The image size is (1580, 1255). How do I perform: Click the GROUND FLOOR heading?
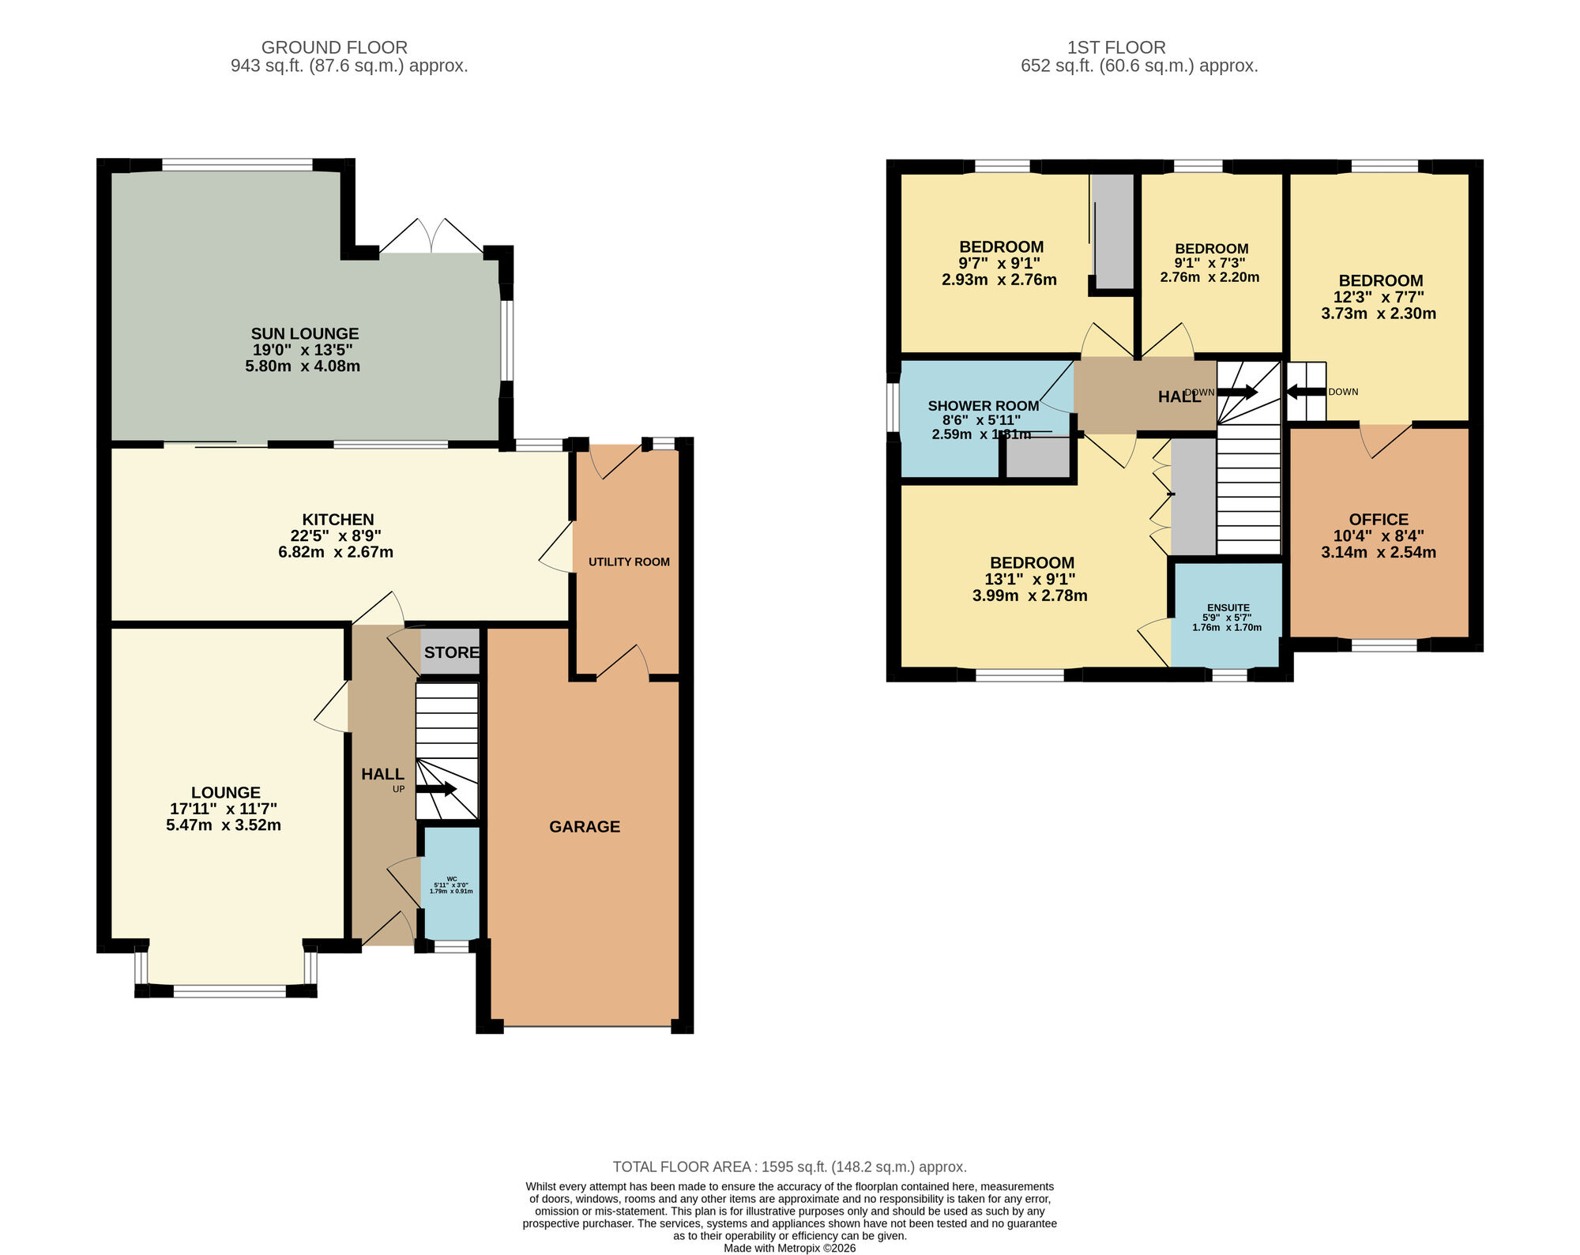click(334, 47)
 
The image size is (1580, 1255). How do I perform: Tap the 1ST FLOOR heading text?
click(1115, 47)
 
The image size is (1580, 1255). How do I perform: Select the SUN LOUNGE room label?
click(305, 334)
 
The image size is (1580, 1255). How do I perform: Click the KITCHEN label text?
click(337, 519)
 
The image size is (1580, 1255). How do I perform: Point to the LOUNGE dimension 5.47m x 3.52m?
click(224, 825)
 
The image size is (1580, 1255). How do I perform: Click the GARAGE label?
click(585, 826)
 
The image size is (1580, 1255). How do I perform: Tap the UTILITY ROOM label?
click(629, 562)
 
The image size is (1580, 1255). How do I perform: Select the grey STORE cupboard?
click(451, 652)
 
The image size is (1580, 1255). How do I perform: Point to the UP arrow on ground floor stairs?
click(437, 788)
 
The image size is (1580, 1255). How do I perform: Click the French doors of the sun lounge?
click(431, 237)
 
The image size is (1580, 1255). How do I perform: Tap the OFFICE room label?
click(1379, 519)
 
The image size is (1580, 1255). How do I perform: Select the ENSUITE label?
click(1228, 607)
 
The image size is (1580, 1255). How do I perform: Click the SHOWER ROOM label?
click(983, 406)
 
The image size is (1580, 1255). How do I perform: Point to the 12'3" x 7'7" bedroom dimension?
click(1379, 297)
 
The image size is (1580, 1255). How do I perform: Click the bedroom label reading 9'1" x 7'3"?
click(1210, 263)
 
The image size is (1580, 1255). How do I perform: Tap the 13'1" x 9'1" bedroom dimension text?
click(1029, 579)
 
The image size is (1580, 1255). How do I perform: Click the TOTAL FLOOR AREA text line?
click(789, 1167)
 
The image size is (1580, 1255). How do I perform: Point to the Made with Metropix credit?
click(789, 1248)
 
